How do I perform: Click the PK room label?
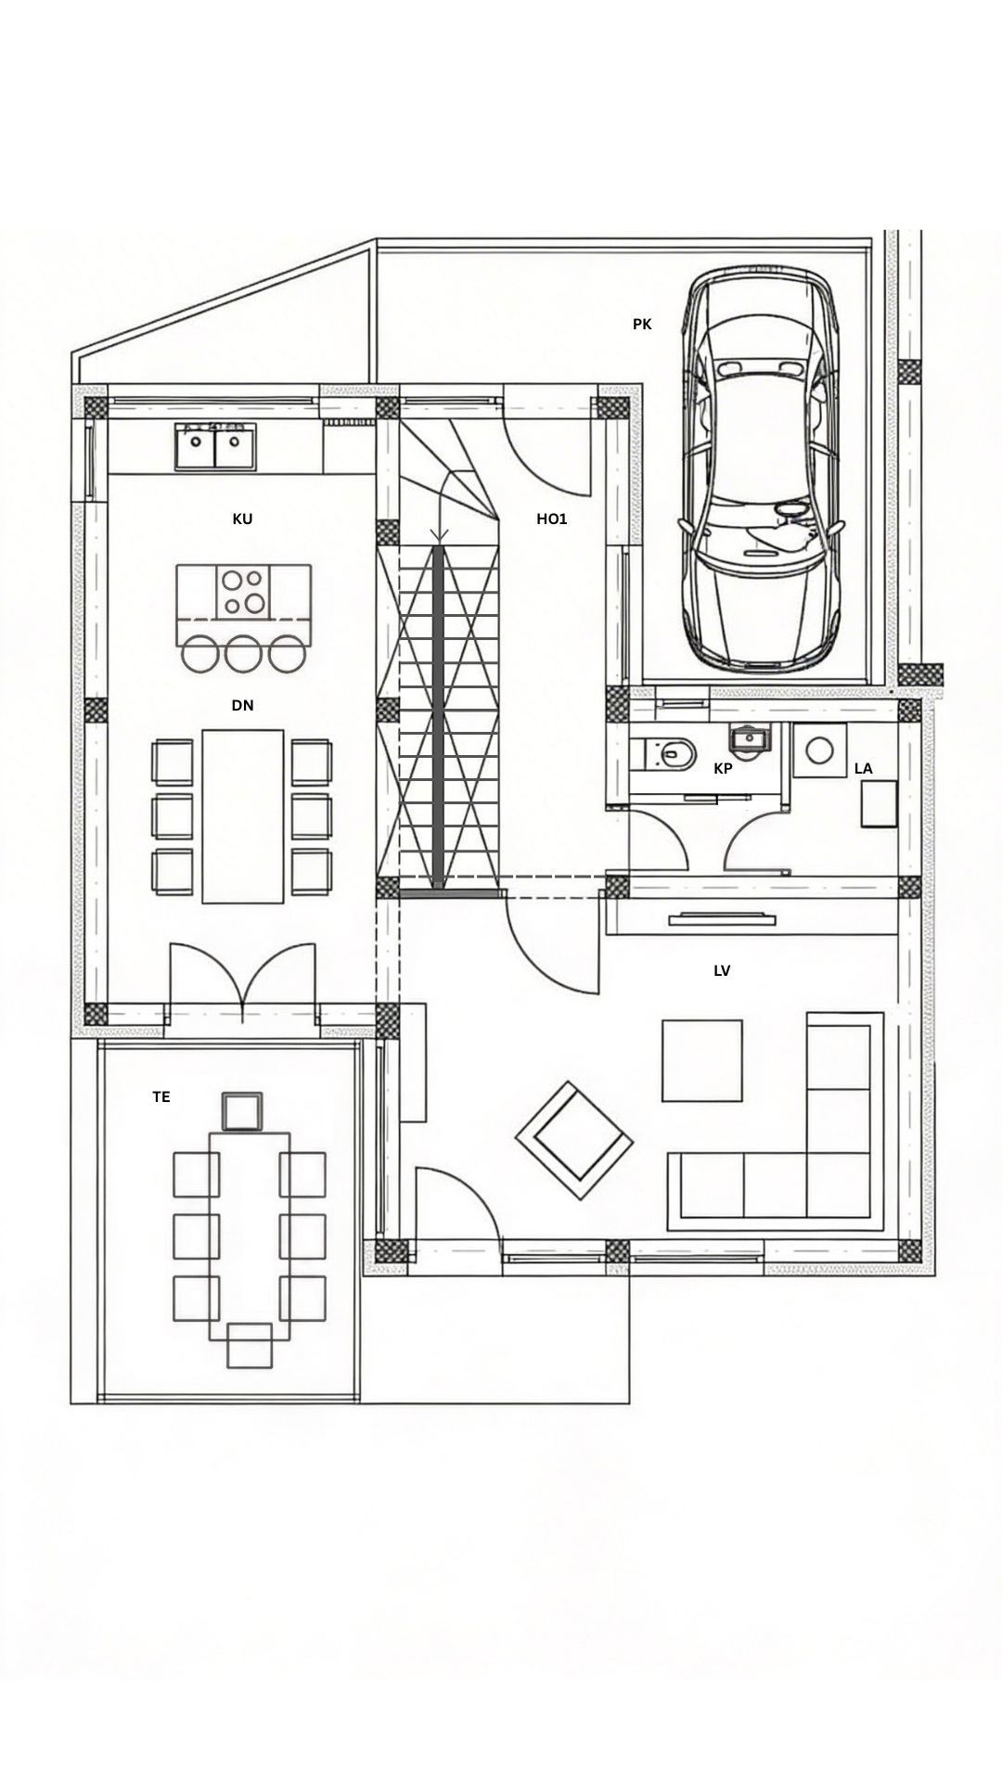tap(642, 325)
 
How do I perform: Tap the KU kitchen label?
tap(242, 519)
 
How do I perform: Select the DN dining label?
tap(242, 706)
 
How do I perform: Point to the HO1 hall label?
tap(552, 519)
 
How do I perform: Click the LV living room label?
tap(722, 971)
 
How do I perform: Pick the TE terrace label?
tap(161, 1096)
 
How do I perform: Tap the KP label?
tap(723, 769)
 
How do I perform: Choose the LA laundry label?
tap(863, 769)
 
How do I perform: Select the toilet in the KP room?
tap(668, 752)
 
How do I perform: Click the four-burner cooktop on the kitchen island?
tap(243, 592)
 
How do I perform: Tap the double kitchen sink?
tap(214, 446)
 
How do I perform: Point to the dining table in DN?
tap(242, 815)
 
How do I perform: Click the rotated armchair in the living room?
tap(574, 1142)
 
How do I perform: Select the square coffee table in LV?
tap(701, 1060)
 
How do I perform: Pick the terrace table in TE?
tap(249, 1235)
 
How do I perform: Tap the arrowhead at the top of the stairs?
tap(440, 534)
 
